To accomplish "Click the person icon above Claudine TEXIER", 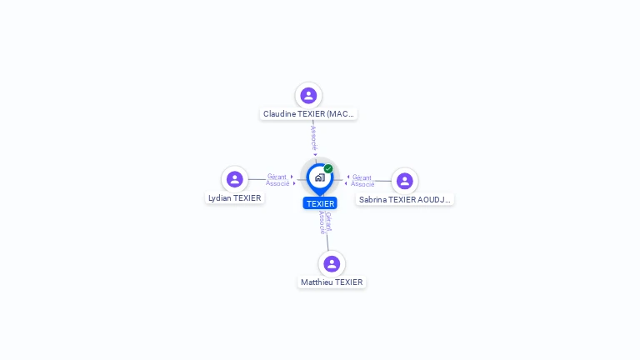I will click(x=308, y=95).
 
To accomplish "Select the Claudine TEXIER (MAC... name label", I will click(x=308, y=113).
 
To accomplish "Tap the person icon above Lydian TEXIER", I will click(x=235, y=179).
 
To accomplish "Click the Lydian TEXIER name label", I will click(x=235, y=198).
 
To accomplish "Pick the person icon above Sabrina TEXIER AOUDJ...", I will click(x=405, y=181).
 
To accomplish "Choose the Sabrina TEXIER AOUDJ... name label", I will click(x=405, y=200).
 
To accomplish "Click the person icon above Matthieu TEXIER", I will click(x=332, y=263).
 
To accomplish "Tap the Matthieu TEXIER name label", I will click(x=332, y=282).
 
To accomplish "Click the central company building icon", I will click(x=319, y=177).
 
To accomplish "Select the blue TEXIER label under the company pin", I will click(x=320, y=203).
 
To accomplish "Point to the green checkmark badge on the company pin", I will click(x=328, y=168).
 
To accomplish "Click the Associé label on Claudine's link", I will click(x=313, y=138).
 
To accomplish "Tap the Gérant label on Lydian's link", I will click(x=277, y=177).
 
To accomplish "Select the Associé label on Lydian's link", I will click(x=277, y=183).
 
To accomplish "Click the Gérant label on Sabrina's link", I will click(x=362, y=177).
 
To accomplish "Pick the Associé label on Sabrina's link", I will click(x=362, y=184).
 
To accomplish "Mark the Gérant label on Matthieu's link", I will click(x=328, y=220).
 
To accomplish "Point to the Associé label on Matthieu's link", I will click(x=322, y=222).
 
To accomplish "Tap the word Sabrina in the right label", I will click(x=372, y=200).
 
